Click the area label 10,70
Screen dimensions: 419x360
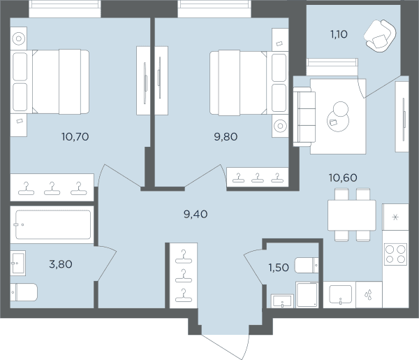75,137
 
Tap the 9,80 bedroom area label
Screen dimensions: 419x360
226,137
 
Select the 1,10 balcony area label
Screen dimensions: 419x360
339,34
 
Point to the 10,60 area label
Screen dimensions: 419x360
343,178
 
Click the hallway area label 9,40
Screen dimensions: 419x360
196,214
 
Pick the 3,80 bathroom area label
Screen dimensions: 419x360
61,264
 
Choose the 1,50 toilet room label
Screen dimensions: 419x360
279,268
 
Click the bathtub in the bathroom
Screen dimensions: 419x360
53,224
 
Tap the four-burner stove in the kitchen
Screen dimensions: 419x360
395,254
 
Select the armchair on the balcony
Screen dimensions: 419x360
380,36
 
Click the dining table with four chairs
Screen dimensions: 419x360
352,215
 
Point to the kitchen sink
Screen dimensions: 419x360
341,294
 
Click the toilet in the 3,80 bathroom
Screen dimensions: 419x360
24,292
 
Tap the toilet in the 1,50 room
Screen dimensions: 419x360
307,266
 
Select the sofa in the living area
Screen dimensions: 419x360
304,117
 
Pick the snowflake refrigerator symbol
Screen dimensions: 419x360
395,217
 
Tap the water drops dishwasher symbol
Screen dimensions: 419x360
369,294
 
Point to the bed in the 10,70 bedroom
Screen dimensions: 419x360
50,82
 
